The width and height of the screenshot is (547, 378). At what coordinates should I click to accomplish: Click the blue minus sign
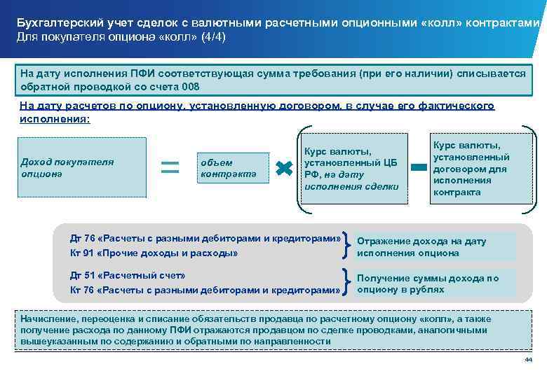tap(418, 167)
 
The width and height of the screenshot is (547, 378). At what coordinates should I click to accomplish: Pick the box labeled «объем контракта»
tap(230, 168)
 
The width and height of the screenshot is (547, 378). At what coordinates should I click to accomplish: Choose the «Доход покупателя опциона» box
tap(83, 168)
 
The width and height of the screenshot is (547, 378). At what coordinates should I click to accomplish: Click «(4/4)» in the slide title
tap(210, 36)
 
